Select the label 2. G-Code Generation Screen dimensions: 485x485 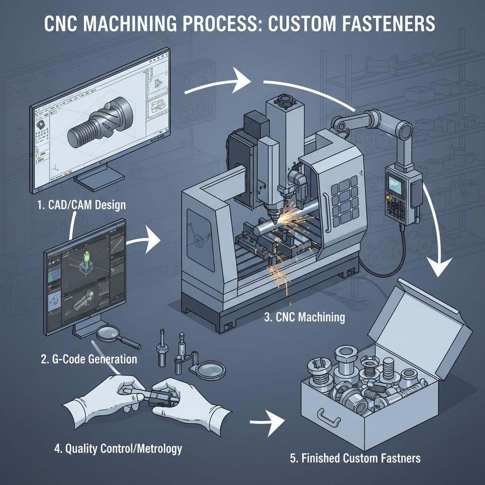click(x=89, y=359)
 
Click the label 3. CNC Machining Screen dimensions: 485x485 click(x=304, y=317)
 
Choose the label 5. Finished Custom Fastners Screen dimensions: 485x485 click(x=355, y=458)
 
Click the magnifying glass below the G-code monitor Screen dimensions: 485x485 click(x=114, y=337)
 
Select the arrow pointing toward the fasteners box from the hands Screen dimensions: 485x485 click(x=268, y=422)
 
